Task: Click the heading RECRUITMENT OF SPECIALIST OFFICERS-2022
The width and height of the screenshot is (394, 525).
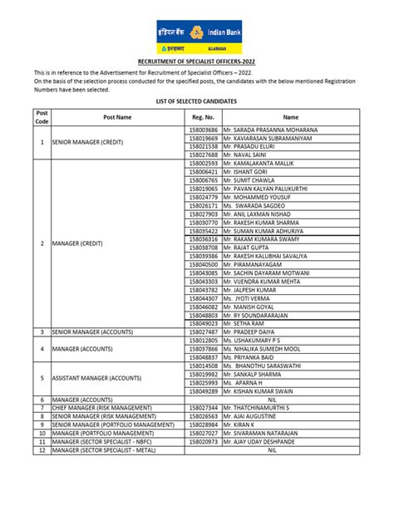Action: pos(196,62)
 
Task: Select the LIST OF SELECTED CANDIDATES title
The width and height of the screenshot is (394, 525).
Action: pos(197,100)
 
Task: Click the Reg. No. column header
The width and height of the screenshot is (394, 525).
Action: pos(203,117)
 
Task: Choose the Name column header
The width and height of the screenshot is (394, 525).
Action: pos(291,117)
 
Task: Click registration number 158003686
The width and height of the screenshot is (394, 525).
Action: pos(203,130)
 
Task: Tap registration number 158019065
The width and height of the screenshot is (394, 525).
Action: pos(203,189)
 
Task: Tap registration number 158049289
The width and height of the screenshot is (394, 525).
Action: pos(203,390)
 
